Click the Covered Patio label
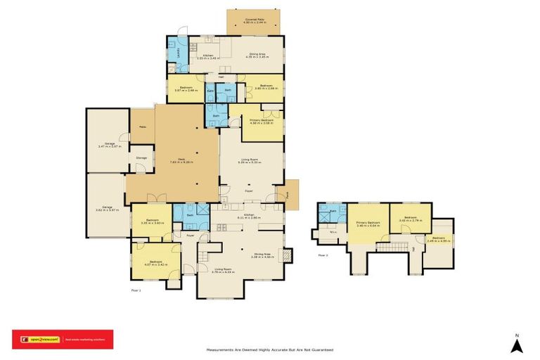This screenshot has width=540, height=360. pos(255,20)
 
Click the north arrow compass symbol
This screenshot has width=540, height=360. pos(516,344)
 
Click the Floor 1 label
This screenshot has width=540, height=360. pos(136,289)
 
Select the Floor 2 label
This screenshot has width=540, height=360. pos(323,255)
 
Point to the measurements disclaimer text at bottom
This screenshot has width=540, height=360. pos(269,349)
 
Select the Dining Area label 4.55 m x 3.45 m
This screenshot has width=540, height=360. pos(257,53)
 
